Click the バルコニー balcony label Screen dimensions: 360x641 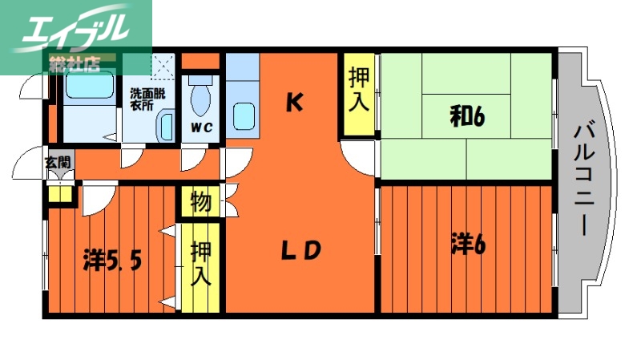(584, 179)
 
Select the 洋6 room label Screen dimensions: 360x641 (469, 244)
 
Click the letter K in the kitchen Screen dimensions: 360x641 (295, 102)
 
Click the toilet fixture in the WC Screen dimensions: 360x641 (200, 98)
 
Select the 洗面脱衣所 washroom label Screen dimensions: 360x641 (147, 98)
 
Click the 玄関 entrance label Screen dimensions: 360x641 (58, 163)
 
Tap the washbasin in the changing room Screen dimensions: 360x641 (167, 127)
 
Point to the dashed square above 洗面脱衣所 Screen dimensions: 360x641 (164, 64)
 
